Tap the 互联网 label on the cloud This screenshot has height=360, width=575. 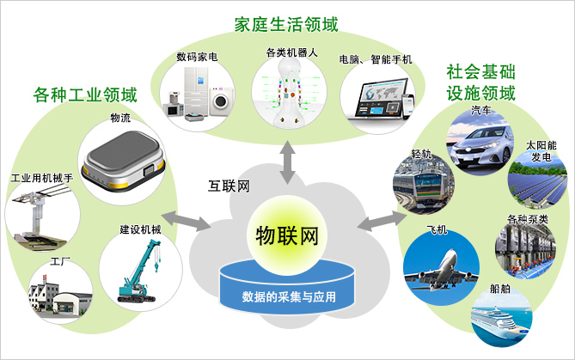(x=229, y=186)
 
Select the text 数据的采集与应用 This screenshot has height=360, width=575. (x=287, y=297)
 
